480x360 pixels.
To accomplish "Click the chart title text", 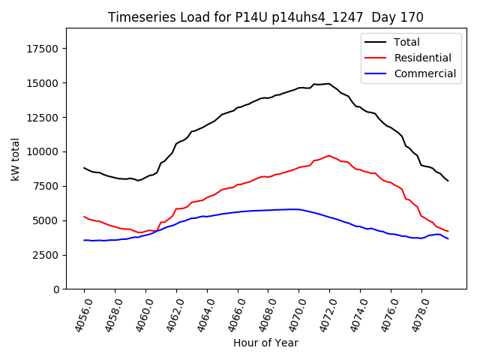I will [x=265, y=17].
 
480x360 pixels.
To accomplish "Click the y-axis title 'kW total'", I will [x=16, y=158].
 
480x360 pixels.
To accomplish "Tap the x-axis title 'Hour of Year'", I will [x=265, y=343].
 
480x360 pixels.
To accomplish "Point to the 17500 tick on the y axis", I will [x=43, y=49].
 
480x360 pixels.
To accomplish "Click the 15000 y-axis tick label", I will [x=43, y=83].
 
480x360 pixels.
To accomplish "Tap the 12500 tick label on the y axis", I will [x=43, y=118].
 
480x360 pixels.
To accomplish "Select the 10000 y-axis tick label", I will [x=43, y=151].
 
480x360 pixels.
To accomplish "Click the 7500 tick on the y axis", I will [x=46, y=186].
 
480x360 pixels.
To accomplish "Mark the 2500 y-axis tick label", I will [x=46, y=255].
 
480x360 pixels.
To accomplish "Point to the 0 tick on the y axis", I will [x=57, y=289].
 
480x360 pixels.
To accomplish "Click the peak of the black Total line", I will [x=328, y=83].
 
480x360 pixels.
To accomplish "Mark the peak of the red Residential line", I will [x=329, y=155].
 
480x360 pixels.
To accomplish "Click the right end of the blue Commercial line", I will [x=448, y=238].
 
